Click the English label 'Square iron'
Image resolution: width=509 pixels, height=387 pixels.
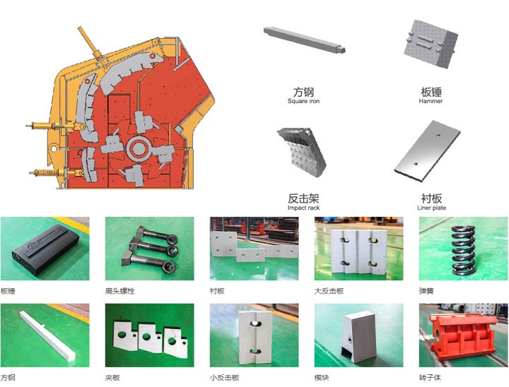point(303,101)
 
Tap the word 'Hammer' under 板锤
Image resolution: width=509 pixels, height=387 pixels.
point(431,101)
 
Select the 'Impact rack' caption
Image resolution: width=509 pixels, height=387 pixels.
point(303,208)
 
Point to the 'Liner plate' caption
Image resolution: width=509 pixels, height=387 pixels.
point(431,208)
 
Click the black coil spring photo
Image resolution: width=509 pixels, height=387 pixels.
point(463,249)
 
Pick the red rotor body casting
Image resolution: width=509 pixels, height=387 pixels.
point(464,335)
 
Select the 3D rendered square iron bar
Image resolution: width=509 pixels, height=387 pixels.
point(304,40)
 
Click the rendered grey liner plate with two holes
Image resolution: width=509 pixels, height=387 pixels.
point(427,151)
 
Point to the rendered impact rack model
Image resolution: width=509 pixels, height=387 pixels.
point(301,151)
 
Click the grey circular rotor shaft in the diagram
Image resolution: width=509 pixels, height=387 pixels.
point(139,149)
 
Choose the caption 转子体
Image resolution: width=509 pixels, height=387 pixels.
point(430,378)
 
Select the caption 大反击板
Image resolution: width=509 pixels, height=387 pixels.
point(329,291)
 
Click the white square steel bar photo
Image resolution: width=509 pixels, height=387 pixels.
point(47,335)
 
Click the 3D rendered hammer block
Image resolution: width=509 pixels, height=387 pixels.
point(431,44)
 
